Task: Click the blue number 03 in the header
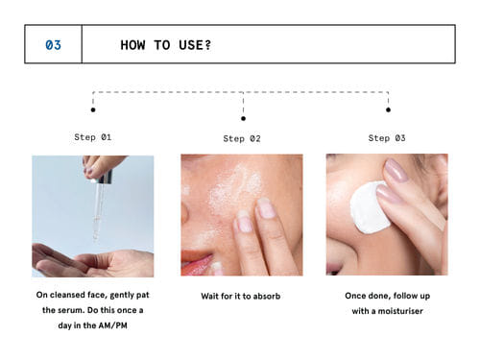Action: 53,45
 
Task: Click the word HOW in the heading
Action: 132,45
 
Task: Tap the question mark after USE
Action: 207,45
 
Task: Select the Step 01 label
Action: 93,137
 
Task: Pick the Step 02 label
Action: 242,138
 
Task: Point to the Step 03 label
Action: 387,138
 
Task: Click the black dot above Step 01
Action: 93,109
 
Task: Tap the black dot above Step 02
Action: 243,118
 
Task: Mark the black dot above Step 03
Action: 388,109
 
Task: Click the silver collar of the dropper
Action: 105,178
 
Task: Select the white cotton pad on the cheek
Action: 370,207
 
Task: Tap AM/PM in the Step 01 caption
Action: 115,325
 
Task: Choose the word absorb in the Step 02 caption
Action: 267,296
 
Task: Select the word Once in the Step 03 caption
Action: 355,296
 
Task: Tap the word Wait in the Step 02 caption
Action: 210,296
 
